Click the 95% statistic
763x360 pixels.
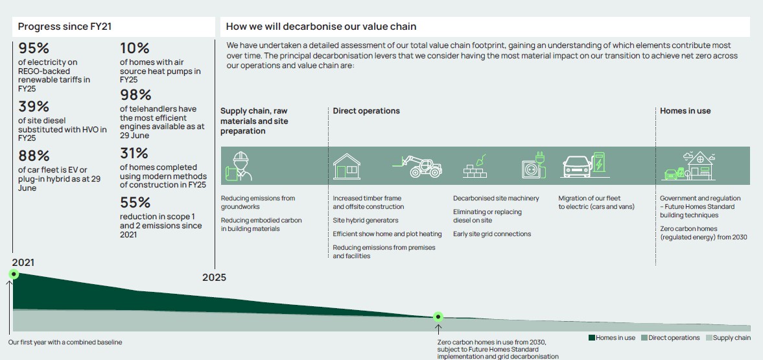tap(34, 49)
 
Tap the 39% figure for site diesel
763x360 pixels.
tap(34, 106)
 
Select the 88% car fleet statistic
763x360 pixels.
tap(34, 156)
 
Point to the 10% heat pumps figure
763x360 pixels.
tap(134, 49)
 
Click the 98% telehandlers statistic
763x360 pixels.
tap(135, 95)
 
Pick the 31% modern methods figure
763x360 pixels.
tap(134, 154)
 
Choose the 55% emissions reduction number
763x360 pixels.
tap(135, 202)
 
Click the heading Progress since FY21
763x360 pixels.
tap(65, 27)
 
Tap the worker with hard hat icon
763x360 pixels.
tap(239, 166)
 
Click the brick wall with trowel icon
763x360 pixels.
tap(475, 167)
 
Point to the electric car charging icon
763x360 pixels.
tap(585, 165)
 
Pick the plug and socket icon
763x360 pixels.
tap(534, 165)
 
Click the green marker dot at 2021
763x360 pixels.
tap(14, 274)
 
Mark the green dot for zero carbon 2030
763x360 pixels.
tap(438, 317)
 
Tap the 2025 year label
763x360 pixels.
tap(214, 278)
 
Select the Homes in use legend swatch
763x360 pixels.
tap(592, 337)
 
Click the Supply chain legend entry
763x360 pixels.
tap(728, 337)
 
